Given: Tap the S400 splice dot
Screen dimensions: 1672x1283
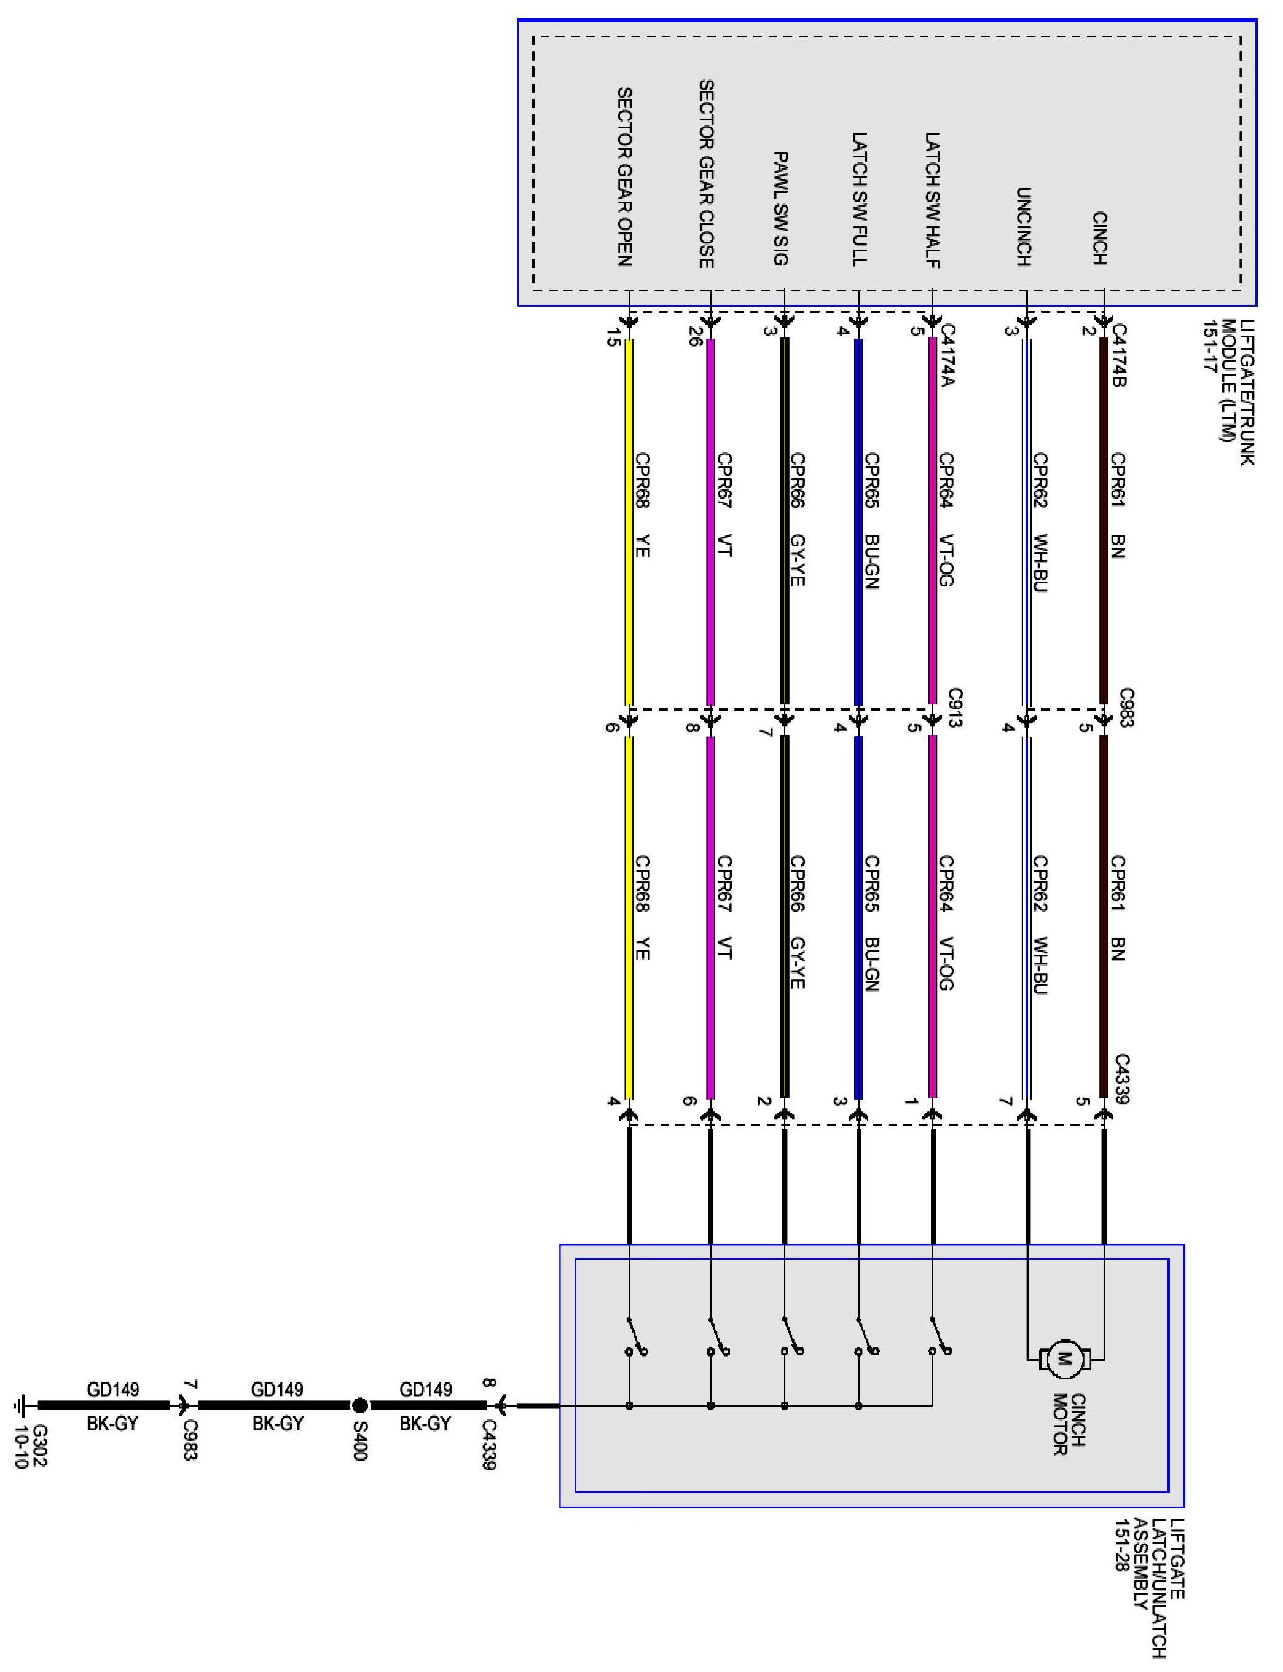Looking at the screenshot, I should pyautogui.click(x=359, y=1405).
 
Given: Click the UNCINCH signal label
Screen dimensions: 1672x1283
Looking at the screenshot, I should pyautogui.click(x=1024, y=227).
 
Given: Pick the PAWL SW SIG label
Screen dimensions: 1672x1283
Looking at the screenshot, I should pyautogui.click(x=780, y=208).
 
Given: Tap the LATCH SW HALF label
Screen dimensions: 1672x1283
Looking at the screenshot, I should pyautogui.click(x=932, y=200).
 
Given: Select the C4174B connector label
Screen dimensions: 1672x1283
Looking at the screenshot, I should pyautogui.click(x=1119, y=356).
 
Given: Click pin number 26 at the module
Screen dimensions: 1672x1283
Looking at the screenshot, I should pyautogui.click(x=694, y=337).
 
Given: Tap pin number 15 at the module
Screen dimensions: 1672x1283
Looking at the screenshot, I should pyautogui.click(x=612, y=337).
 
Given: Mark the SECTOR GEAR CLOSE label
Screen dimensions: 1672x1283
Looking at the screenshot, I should pyautogui.click(x=707, y=173).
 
